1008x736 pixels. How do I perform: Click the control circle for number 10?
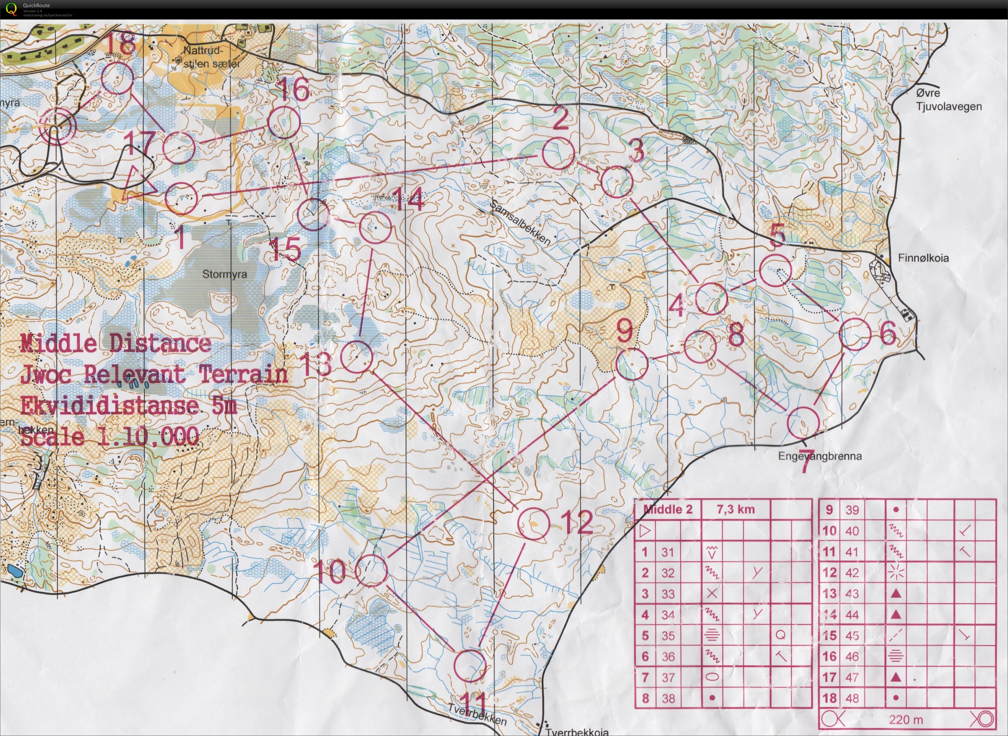point(372,570)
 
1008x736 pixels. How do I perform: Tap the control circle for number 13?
point(357,356)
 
